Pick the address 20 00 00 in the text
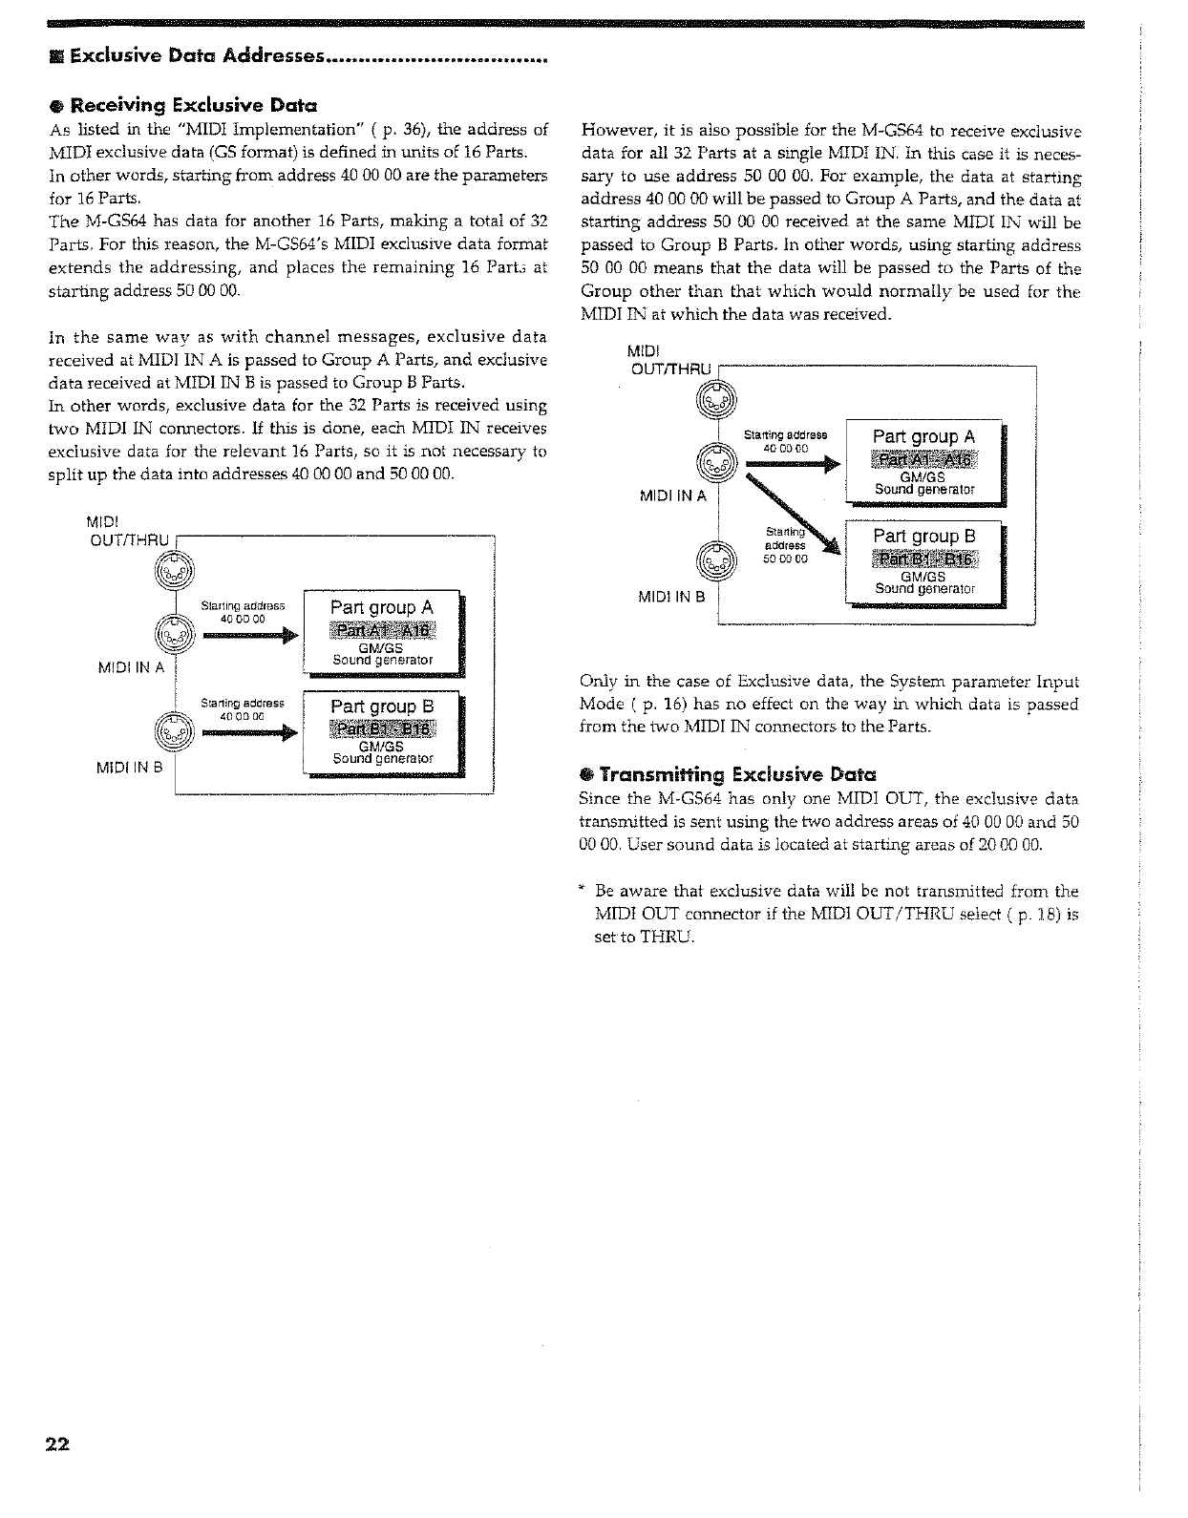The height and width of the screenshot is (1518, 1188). tap(1009, 845)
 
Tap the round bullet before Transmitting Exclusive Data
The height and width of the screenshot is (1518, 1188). tap(586, 774)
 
